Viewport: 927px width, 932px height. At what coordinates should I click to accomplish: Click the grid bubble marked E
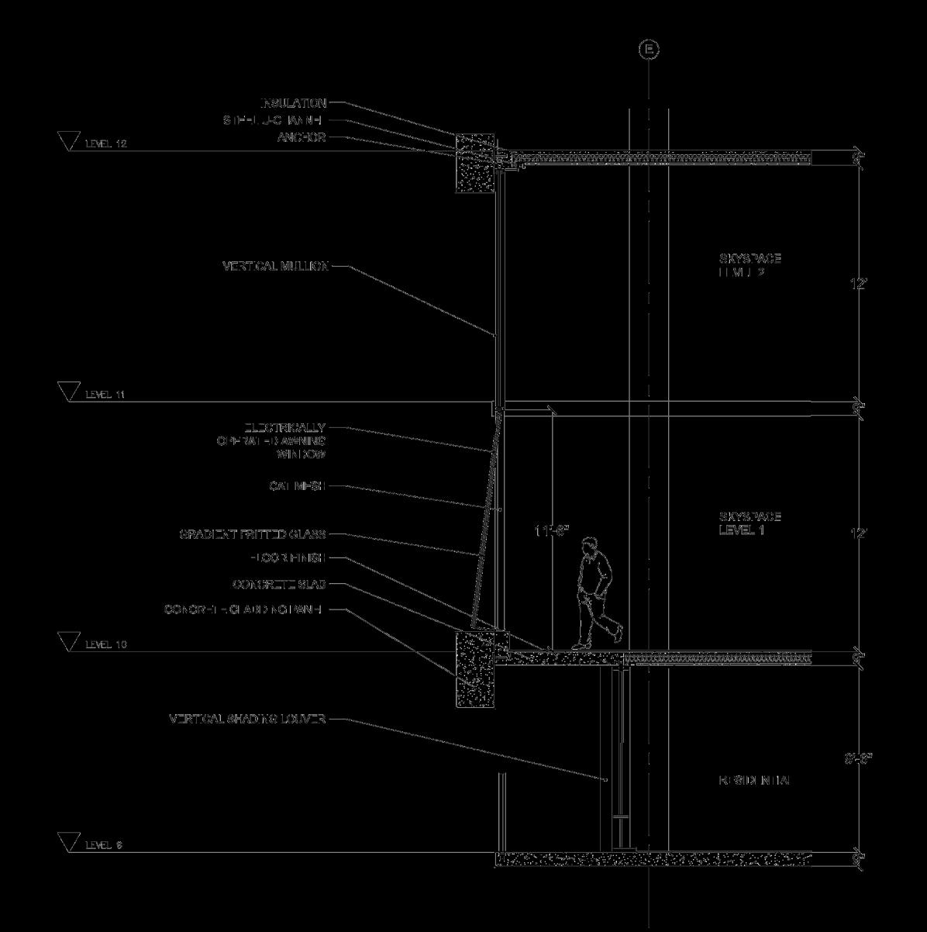pos(649,50)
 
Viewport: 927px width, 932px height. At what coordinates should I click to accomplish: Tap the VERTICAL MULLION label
pos(275,267)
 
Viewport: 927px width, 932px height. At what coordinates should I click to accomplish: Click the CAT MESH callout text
pos(297,486)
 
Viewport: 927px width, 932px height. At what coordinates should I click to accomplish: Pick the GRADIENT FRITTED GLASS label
pos(253,534)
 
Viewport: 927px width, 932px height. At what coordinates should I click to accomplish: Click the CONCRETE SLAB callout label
pos(278,584)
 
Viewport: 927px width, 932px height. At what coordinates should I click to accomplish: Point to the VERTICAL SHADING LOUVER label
pos(247,720)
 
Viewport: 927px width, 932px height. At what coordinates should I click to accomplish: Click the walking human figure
pos(596,593)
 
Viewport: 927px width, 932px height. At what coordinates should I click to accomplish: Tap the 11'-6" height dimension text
pos(551,531)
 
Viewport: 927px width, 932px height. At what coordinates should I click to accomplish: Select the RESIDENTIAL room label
pos(754,781)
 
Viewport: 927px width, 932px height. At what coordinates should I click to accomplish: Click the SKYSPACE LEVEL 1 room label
pos(750,523)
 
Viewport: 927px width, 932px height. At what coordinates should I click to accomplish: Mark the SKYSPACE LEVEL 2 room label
pos(750,265)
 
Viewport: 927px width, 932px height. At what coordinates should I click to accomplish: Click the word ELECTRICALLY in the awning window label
pos(285,427)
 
